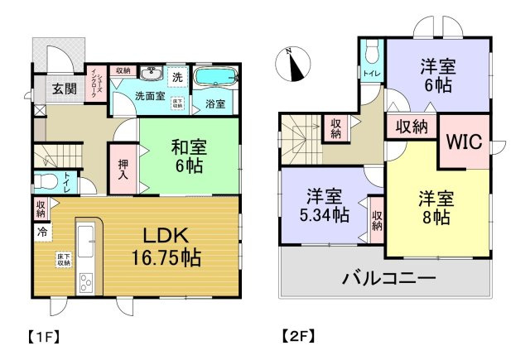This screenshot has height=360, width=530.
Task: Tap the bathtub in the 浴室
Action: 214,79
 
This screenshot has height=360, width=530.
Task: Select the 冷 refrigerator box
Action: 41,233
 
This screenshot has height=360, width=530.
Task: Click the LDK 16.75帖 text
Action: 166,246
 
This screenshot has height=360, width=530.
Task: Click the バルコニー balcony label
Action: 389,278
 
